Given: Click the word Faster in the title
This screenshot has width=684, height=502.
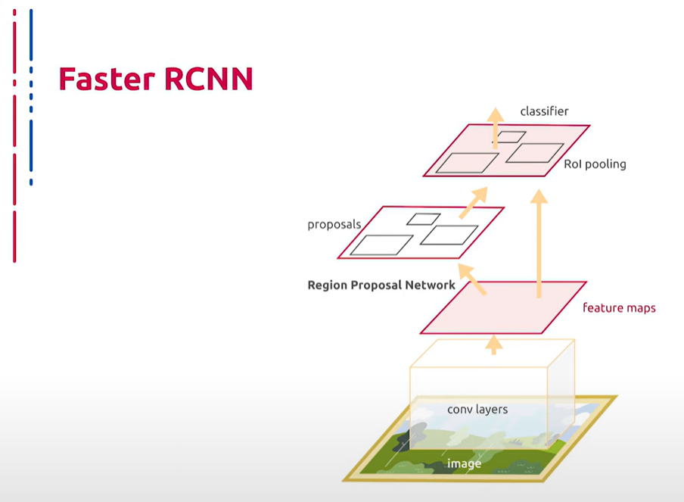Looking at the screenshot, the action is [x=107, y=79].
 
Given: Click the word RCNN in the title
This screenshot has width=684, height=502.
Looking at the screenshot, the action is [x=209, y=79].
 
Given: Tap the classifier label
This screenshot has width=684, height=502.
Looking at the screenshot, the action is [x=544, y=111].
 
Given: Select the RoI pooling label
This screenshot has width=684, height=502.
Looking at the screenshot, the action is [x=595, y=164].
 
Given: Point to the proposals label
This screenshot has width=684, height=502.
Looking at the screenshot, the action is [x=334, y=225].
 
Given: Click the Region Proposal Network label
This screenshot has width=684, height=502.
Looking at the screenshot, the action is [x=381, y=285].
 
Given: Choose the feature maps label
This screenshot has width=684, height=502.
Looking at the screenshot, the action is [x=619, y=307].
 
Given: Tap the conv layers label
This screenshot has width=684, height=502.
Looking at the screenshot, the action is [x=477, y=410].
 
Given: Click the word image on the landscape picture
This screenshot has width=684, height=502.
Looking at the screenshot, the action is [x=464, y=463].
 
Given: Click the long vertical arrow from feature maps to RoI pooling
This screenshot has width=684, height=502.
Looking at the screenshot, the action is [x=539, y=244].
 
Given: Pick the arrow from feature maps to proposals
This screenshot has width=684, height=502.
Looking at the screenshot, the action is [x=472, y=279].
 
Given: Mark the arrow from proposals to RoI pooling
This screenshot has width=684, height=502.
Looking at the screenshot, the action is [x=474, y=203].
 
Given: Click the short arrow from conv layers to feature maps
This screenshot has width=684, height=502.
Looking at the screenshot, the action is [x=494, y=345].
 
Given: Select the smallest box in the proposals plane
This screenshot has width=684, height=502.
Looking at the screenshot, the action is [x=423, y=219].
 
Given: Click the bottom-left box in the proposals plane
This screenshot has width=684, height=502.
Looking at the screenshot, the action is [x=381, y=245].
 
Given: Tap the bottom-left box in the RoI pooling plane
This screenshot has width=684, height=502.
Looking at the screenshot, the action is [x=467, y=163].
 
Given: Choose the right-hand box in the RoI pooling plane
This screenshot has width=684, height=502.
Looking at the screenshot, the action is [x=535, y=153].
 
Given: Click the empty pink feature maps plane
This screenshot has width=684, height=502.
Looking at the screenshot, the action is [x=503, y=307].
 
